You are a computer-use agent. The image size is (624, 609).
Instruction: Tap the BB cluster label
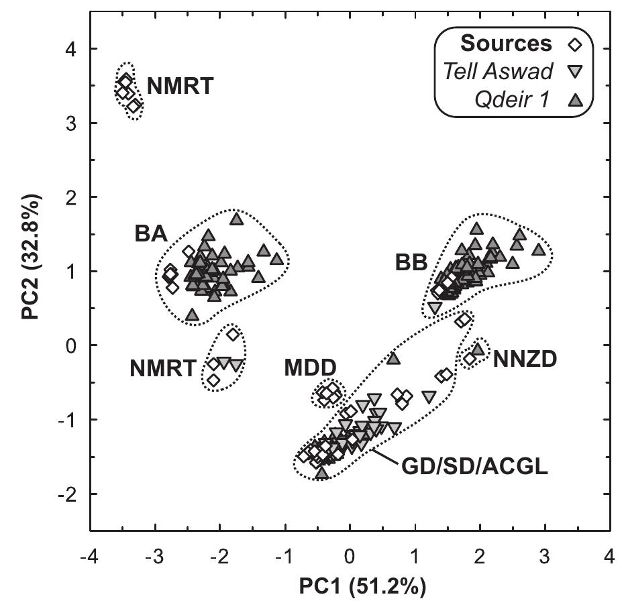pos(412,263)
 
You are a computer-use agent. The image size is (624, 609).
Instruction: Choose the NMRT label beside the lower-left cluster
pos(163,368)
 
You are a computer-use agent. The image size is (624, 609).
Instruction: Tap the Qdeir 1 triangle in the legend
pos(576,100)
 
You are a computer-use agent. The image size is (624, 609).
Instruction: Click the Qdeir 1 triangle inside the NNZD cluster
pos(478,349)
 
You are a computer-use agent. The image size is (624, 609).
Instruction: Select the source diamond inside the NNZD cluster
pos(470,359)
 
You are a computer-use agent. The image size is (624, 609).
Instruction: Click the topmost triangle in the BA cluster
pos(236,219)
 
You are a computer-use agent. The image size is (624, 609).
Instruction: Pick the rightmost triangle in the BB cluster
pos(538,250)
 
